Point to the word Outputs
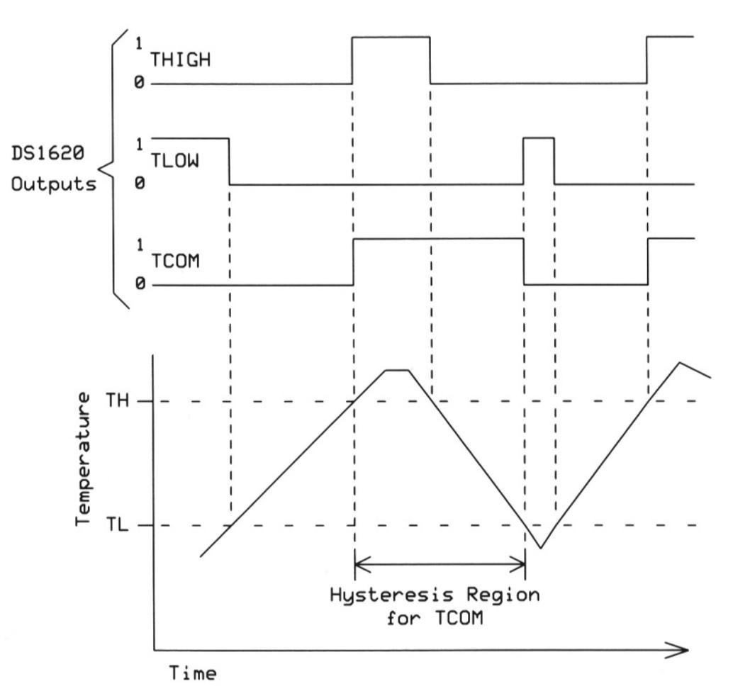(x=49, y=184)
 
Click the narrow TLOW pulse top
(x=539, y=138)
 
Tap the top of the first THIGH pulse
(x=391, y=37)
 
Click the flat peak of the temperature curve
(x=397, y=370)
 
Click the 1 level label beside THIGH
(x=140, y=43)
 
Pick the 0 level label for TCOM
(x=140, y=284)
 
